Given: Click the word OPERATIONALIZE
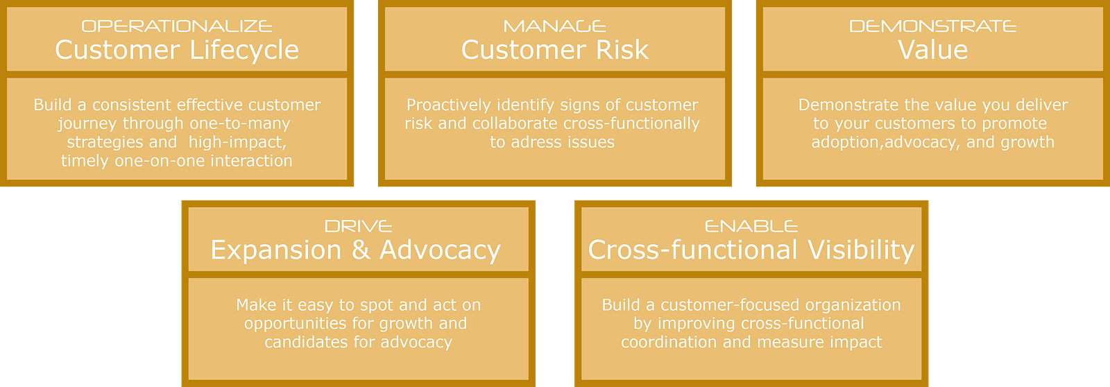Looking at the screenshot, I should pos(177,26).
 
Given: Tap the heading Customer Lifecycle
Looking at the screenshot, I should pos(177,50).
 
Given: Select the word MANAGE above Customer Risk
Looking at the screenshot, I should pos(554,26).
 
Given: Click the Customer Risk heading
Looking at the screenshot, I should pos(554,50).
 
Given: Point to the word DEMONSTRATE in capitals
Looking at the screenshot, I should pos(932,26).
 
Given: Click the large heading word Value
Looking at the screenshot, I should pos(932,50).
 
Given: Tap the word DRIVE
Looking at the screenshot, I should pos(358,227).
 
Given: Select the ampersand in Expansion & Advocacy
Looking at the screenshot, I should pos(360,250).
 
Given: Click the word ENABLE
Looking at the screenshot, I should pos(751,227).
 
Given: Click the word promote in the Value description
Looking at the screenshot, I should pos(1016,123).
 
